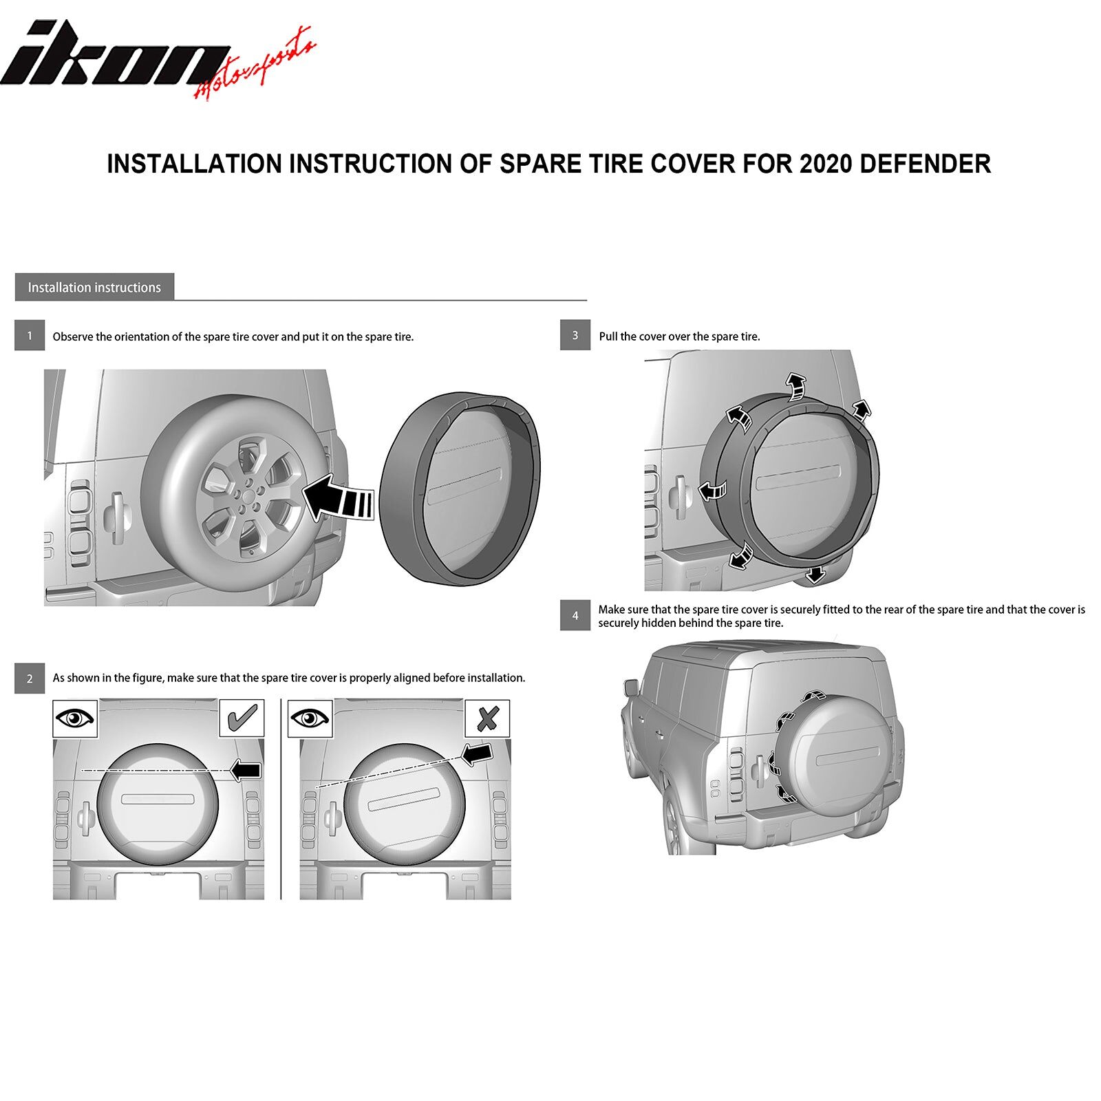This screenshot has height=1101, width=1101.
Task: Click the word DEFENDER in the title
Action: pos(926,164)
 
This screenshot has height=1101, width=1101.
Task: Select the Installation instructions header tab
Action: pos(94,287)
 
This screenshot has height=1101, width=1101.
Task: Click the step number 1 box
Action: pos(30,336)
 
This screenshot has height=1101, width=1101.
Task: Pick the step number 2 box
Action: pos(30,678)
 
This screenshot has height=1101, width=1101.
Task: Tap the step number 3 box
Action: pos(575,335)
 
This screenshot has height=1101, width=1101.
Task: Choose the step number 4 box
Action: pos(575,615)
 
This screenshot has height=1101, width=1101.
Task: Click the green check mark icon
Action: pos(242,718)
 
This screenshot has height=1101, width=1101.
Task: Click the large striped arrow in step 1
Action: pos(338,498)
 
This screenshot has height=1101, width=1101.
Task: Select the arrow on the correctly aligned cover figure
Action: pos(246,770)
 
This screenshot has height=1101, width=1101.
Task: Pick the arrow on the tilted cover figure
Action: pos(478,754)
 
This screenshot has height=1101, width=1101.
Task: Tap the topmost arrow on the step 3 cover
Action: pos(797,386)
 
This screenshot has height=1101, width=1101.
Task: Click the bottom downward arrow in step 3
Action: pos(815,574)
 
